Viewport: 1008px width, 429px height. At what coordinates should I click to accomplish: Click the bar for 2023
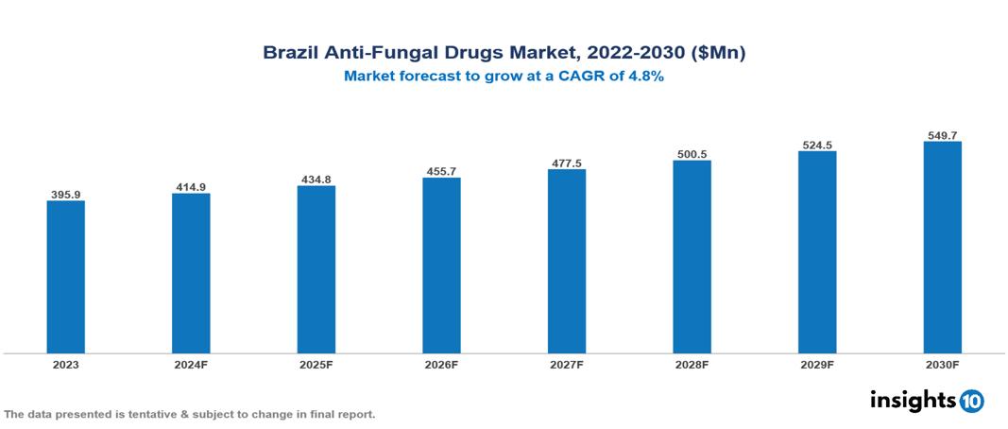tap(65, 277)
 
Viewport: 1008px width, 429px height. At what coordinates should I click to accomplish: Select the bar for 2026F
tap(441, 266)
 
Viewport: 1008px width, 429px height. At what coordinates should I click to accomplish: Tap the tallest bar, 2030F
tap(942, 248)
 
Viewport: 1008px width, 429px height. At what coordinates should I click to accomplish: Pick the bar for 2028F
tap(692, 257)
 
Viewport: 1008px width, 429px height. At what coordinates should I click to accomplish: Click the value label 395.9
tap(65, 195)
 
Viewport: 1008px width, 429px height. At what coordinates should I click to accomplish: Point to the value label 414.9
tap(191, 187)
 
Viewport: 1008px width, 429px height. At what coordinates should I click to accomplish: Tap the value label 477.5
tap(566, 163)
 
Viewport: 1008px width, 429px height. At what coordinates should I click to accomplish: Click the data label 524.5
tap(816, 145)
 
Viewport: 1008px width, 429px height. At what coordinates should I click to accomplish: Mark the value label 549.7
tap(942, 135)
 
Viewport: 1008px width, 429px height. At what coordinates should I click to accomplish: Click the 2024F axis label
tap(191, 364)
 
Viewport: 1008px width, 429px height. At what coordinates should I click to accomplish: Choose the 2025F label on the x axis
tap(316, 364)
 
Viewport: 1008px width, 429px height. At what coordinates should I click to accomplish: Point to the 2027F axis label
tap(566, 364)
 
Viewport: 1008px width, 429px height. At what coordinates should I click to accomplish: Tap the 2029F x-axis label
tap(816, 364)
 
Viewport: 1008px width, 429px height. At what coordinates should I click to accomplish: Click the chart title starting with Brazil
tap(504, 54)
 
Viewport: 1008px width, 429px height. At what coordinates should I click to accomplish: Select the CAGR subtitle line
tap(504, 77)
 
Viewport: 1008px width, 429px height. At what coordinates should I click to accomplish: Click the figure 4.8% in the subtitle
tap(645, 77)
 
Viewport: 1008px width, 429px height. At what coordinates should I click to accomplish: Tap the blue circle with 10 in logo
tap(971, 401)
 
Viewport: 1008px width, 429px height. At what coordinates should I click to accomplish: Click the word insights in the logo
tap(913, 400)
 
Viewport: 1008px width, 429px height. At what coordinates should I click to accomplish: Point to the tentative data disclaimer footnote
tap(190, 414)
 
